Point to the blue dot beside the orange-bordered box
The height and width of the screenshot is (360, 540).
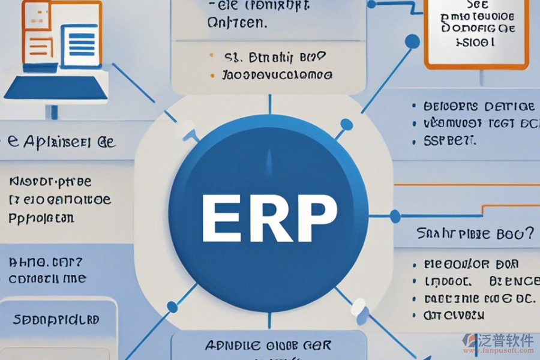pos(412,41)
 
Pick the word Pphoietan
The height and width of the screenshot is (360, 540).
pos(41,218)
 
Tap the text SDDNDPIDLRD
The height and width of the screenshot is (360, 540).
pos(56,320)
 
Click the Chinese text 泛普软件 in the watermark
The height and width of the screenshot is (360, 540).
pos(506,340)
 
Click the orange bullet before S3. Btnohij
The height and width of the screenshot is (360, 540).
pos(211,58)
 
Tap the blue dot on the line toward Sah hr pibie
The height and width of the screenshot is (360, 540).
pos(395,216)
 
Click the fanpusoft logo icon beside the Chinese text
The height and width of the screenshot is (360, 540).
pos(469,341)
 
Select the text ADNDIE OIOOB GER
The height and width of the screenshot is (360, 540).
pos(267,345)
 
